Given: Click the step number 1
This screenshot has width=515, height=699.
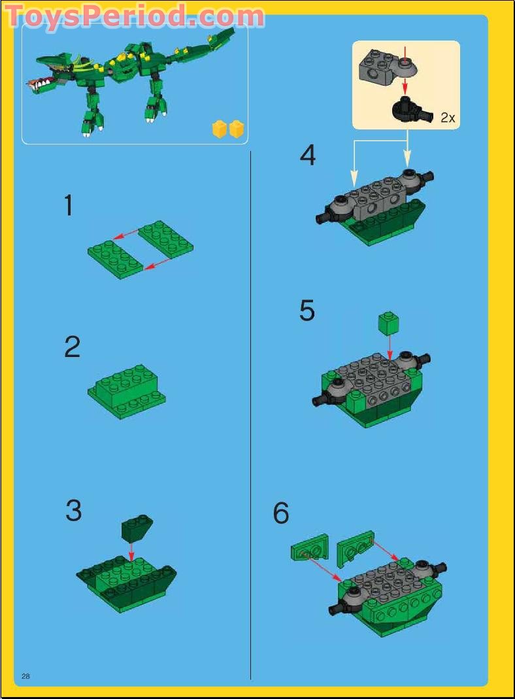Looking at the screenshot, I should point(69,205).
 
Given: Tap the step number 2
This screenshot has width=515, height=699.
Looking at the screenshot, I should point(72,347).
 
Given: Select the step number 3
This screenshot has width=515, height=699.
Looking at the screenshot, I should point(73,510).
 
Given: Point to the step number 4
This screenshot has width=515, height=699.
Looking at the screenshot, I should point(308,156).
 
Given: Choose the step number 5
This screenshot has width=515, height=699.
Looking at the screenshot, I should point(307,311).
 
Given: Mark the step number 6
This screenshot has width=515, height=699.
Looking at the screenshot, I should point(281,513).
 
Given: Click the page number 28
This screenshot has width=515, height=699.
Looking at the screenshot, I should point(26,675).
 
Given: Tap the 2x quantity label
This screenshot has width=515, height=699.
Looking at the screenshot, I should point(448,118).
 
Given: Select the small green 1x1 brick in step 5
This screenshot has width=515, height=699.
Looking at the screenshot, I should point(388,322).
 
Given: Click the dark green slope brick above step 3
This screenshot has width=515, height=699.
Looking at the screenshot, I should point(137,528).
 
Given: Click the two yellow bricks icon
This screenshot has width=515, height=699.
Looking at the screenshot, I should point(228,129).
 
